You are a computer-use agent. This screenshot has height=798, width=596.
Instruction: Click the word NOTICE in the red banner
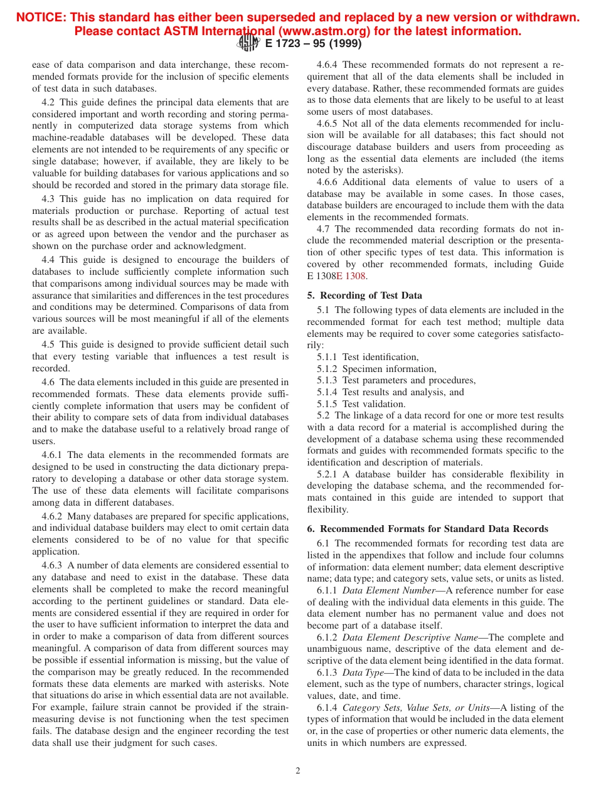tap(41, 18)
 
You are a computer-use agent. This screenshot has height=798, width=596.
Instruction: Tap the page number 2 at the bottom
tap(298, 771)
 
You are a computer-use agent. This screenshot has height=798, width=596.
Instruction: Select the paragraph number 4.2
tap(48, 102)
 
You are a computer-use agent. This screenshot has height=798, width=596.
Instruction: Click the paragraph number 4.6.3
tap(53, 565)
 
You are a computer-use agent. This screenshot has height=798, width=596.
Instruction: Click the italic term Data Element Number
tap(388, 590)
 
